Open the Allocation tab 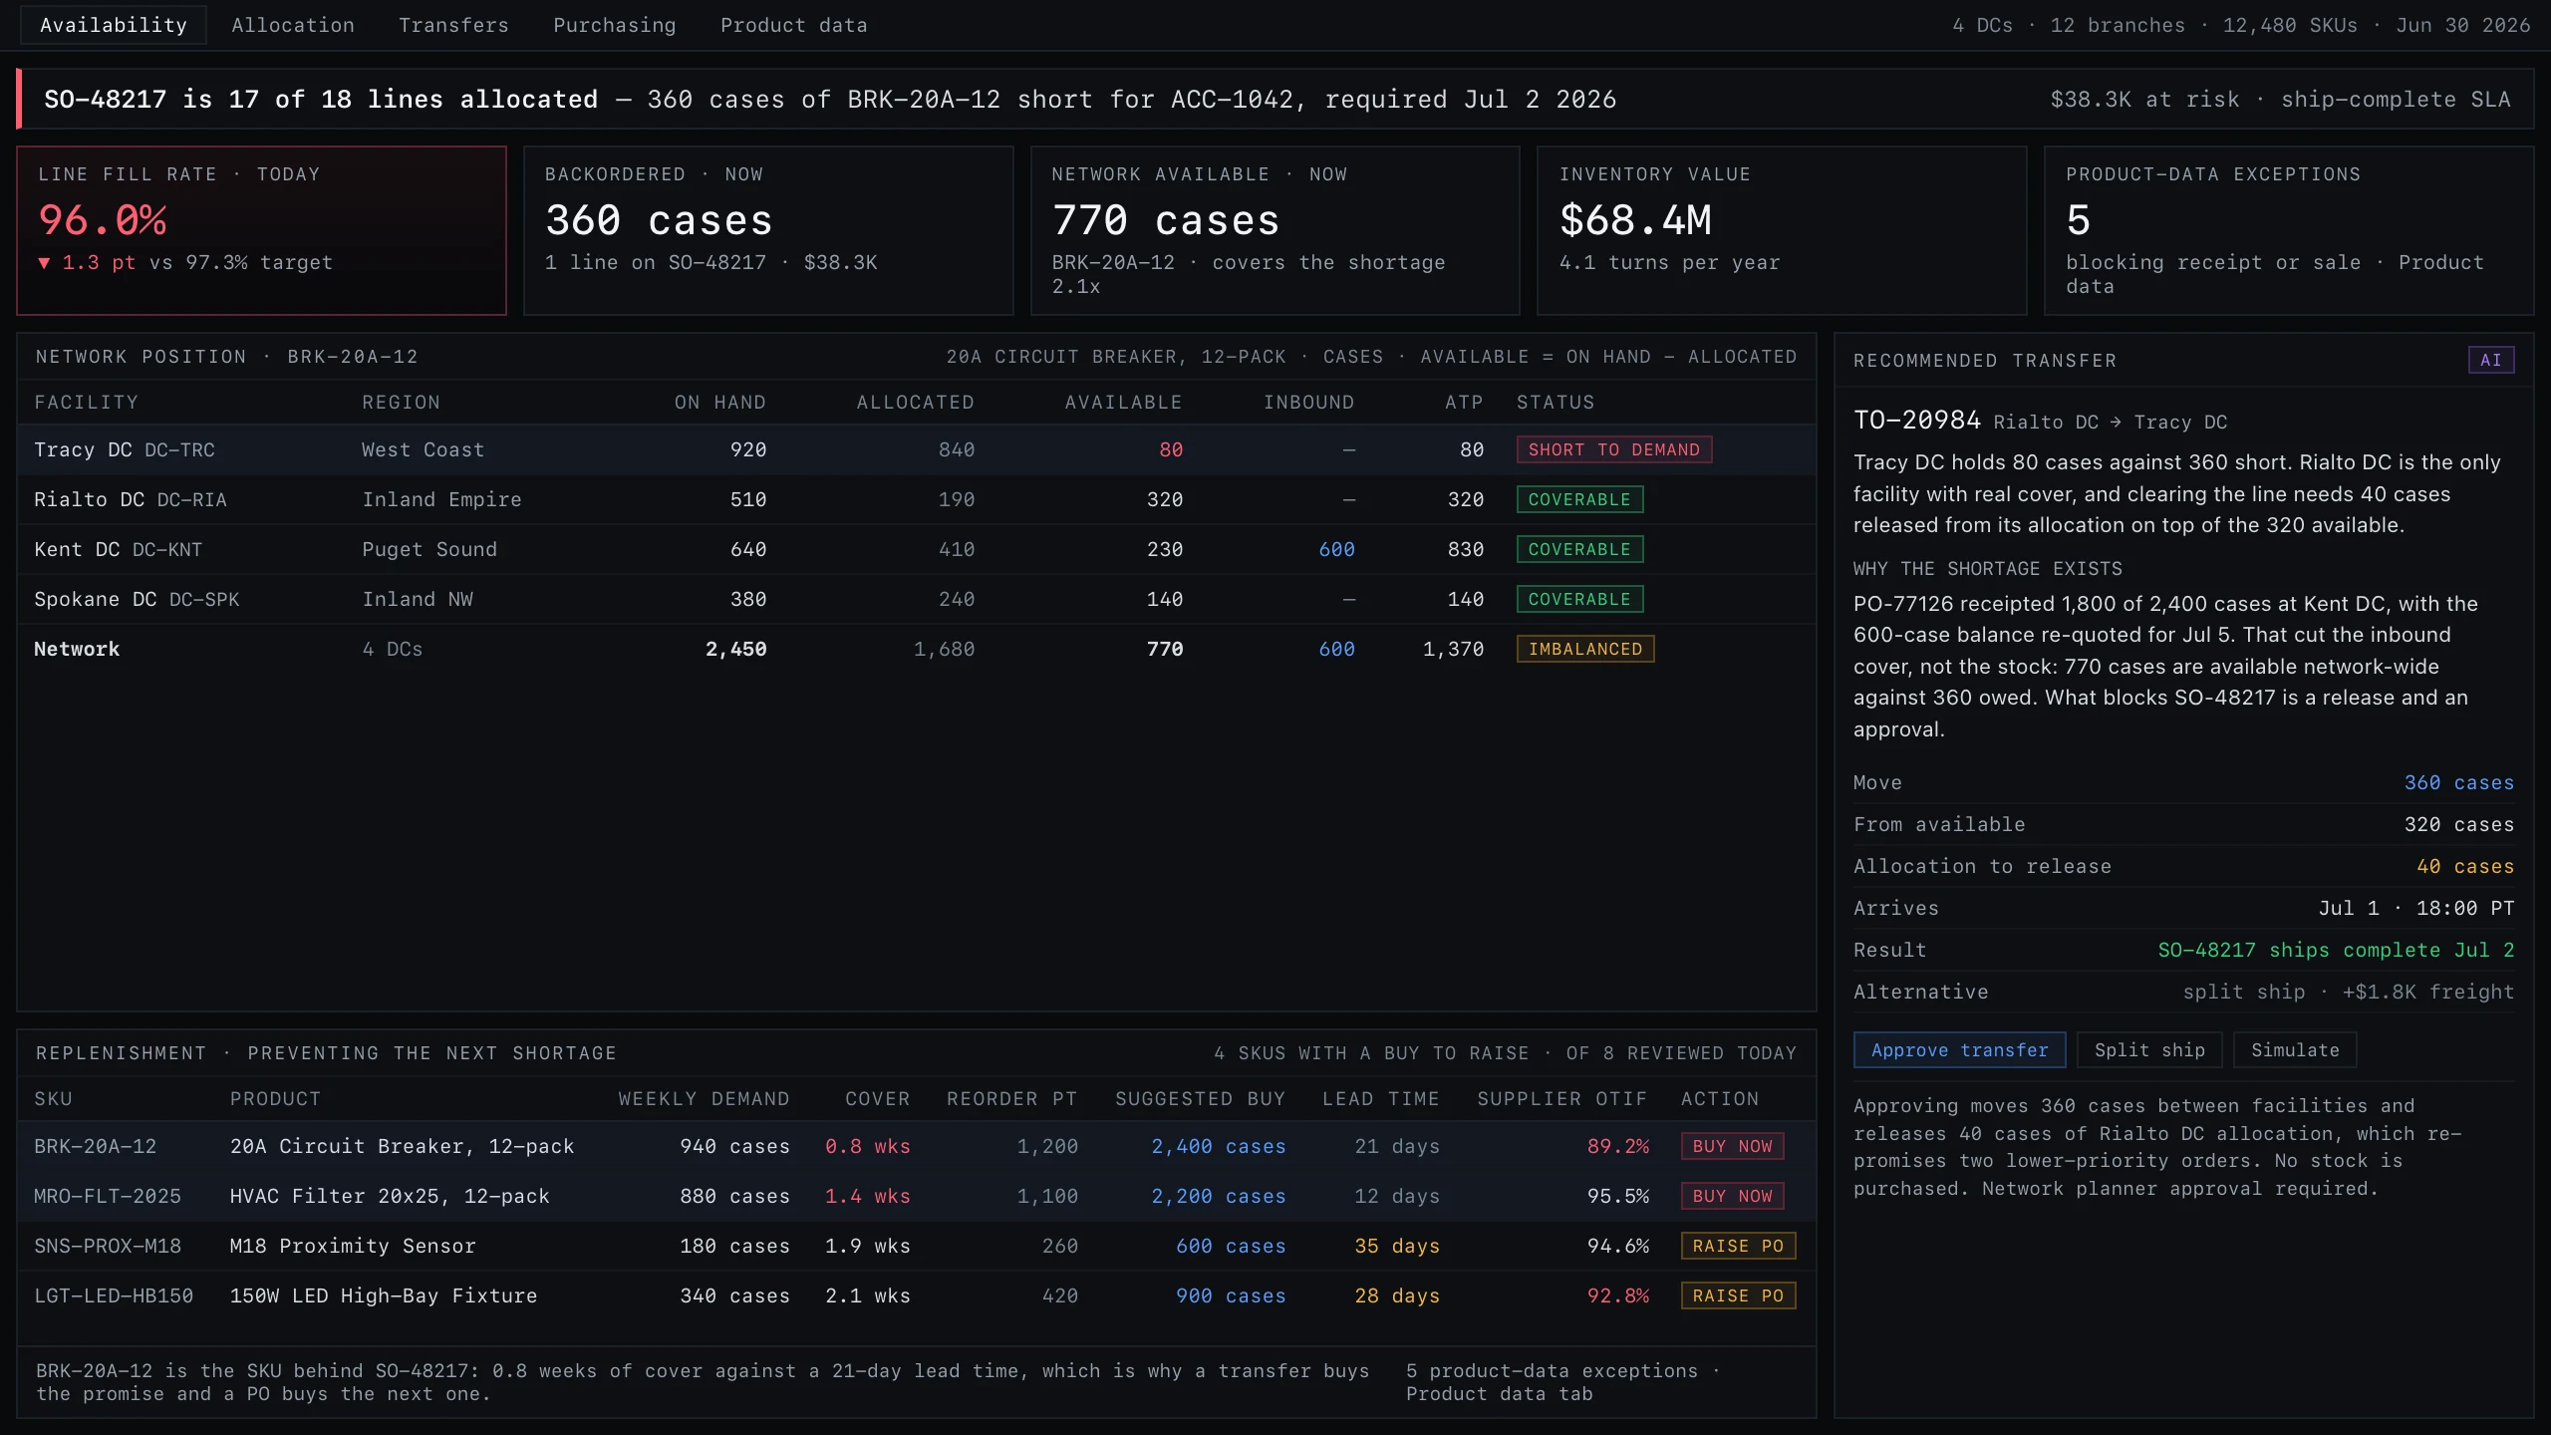[x=293, y=26]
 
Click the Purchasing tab [x=615, y=26]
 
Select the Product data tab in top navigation [x=794, y=26]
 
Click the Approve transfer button [x=1959, y=1050]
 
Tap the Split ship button [x=2149, y=1050]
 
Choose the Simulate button [x=2295, y=1050]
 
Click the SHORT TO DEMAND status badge [x=1614, y=449]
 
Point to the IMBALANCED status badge [x=1585, y=649]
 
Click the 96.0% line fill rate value [x=103, y=220]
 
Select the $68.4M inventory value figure [x=1636, y=220]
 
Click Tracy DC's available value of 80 [x=1171, y=449]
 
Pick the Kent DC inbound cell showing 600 [x=1336, y=549]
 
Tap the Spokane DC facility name [x=95, y=599]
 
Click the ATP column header [x=1464, y=403]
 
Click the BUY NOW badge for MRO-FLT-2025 [x=1732, y=1196]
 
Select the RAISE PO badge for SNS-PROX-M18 [x=1738, y=1246]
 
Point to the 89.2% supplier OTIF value [x=1618, y=1146]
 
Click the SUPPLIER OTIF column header [x=1561, y=1099]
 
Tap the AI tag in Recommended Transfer [x=2491, y=360]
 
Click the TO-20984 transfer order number [x=1916, y=420]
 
